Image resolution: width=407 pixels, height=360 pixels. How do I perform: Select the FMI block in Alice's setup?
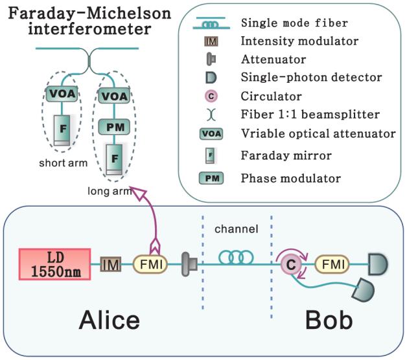pos(150,264)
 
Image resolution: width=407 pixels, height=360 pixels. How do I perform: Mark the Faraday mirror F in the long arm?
pos(114,159)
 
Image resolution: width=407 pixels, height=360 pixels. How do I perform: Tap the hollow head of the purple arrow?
pos(136,191)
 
